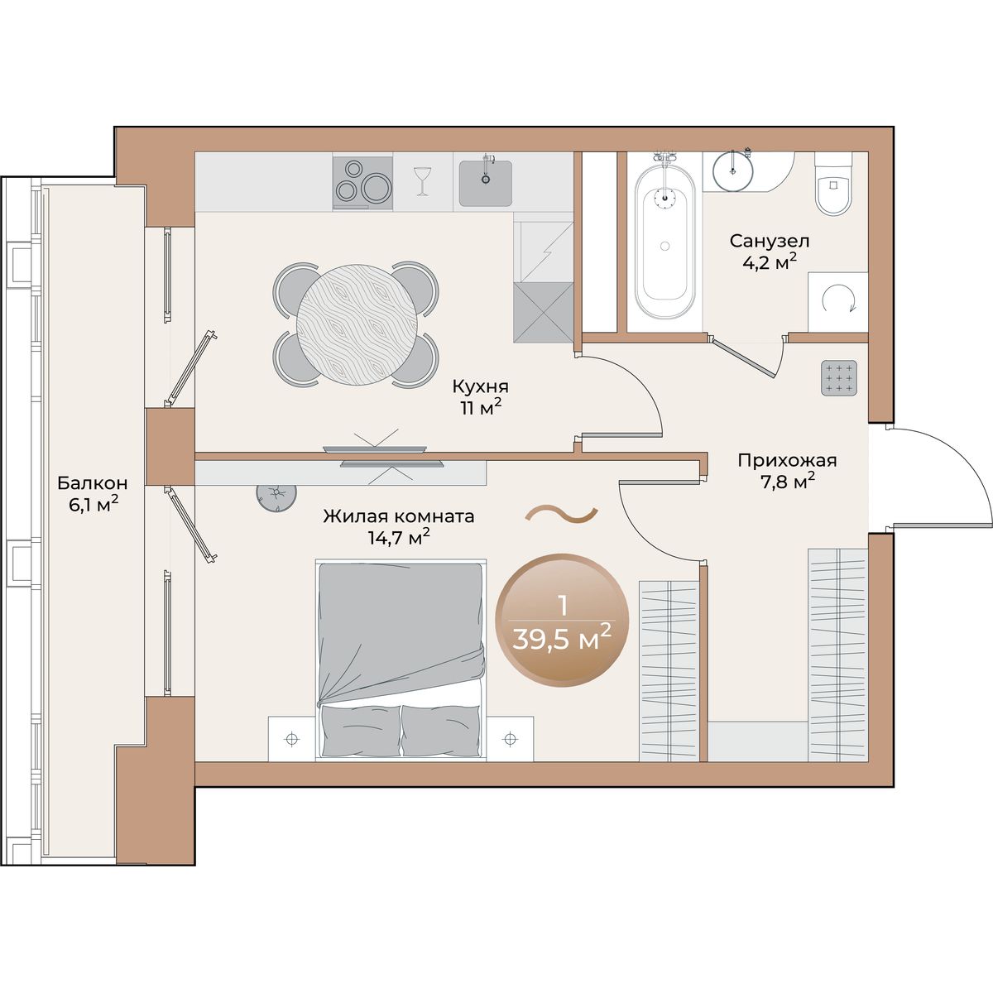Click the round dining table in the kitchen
coord(355,324)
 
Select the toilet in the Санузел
coord(832,190)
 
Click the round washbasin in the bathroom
coord(732,171)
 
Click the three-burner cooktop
coord(362,183)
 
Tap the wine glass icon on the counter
coord(423,181)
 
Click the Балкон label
coord(92,483)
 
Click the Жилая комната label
coord(398,516)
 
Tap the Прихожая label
coord(787,460)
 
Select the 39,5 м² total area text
coord(562,641)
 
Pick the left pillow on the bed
coord(361,730)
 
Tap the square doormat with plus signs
coord(839,378)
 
